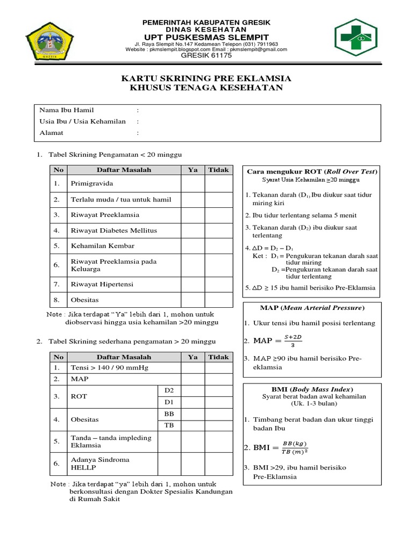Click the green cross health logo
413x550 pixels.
(360, 37)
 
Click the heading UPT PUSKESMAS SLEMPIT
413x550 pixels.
(206, 37)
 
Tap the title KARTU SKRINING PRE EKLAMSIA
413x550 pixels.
(206, 78)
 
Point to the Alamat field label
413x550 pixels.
(52, 133)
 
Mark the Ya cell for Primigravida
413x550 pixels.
(193, 184)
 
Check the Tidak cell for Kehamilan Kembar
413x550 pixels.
(218, 246)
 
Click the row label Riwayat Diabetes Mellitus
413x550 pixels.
(114, 230)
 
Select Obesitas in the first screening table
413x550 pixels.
(85, 299)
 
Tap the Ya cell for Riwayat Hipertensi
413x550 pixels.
(193, 284)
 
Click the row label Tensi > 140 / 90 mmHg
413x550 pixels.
(109, 368)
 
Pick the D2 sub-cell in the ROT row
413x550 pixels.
(169, 389)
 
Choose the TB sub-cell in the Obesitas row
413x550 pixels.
(169, 425)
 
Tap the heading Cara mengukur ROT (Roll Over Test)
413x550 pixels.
(312, 171)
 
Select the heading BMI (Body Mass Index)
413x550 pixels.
(312, 389)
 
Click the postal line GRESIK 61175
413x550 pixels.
(206, 55)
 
